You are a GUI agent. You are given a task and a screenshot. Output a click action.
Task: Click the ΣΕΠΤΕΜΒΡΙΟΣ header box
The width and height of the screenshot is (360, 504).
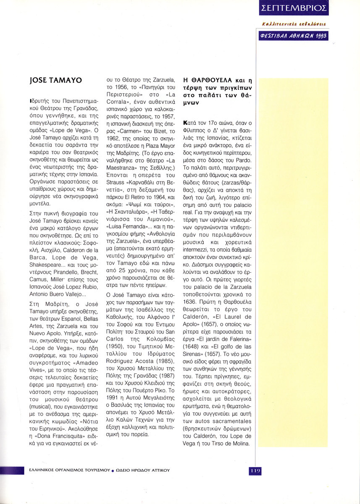[294, 8]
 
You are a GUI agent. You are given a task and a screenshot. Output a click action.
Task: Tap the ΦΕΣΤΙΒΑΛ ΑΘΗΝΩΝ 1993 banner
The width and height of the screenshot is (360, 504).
[294, 36]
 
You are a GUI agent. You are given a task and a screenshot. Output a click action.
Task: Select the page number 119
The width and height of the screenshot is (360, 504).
[255, 470]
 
